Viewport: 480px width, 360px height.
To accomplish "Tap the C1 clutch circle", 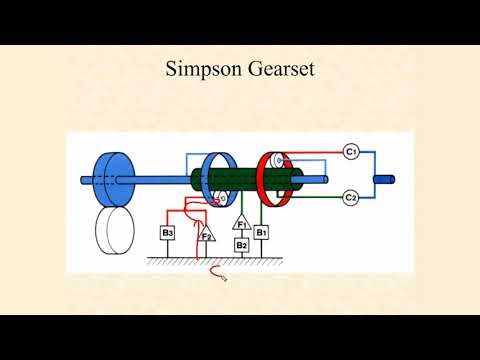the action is click(351, 151).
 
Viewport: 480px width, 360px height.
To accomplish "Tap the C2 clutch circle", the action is click(351, 197).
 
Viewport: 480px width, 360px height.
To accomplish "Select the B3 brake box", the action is click(168, 233).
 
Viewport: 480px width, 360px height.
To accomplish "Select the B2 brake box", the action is click(241, 244).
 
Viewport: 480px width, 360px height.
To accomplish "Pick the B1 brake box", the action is click(261, 233).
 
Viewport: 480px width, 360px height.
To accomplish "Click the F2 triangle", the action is click(205, 235).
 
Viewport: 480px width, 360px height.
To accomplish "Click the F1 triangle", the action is click(241, 223).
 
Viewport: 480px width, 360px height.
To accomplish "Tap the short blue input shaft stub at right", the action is click(385, 182).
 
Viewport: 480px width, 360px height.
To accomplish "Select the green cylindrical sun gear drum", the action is click(240, 182).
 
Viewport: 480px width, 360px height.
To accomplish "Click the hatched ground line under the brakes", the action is click(215, 262).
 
